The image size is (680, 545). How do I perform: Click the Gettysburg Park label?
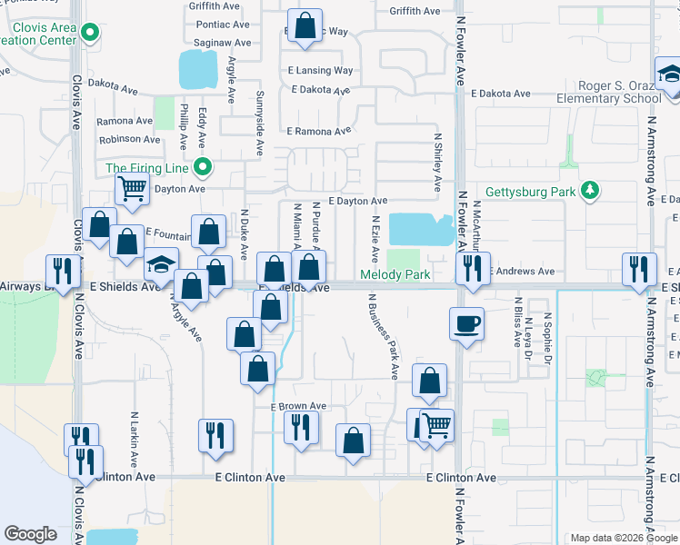tap(531, 192)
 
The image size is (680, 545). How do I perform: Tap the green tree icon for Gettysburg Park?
tap(591, 190)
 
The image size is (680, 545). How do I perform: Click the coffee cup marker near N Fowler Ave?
tap(466, 324)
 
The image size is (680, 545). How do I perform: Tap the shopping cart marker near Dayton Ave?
tap(133, 190)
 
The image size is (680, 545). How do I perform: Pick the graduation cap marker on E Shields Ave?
tap(161, 265)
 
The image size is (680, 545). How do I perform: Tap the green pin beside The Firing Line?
tap(205, 167)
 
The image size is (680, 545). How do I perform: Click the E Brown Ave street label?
tap(298, 406)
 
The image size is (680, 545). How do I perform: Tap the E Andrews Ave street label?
tap(522, 271)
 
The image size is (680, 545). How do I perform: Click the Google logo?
tap(30, 534)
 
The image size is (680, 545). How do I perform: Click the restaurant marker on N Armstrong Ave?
tap(639, 269)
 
